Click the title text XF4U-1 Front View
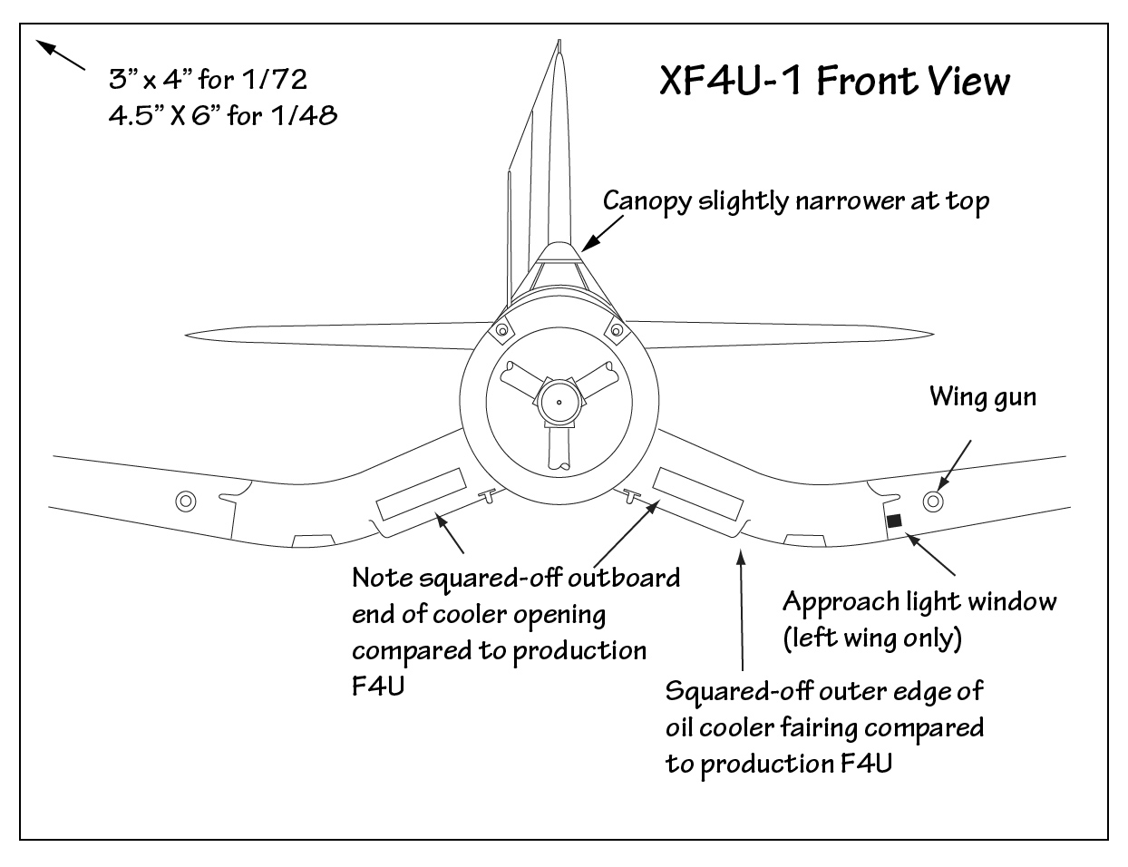[x=833, y=81]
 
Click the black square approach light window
[x=894, y=521]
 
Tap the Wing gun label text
[x=982, y=396]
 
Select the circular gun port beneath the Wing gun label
[x=933, y=502]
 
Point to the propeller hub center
[x=559, y=402]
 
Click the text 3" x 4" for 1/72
[x=208, y=80]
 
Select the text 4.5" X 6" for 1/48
[x=222, y=116]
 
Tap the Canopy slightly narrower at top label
[x=796, y=200]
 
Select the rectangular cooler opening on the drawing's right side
[x=698, y=494]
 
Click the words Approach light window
[x=919, y=601]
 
